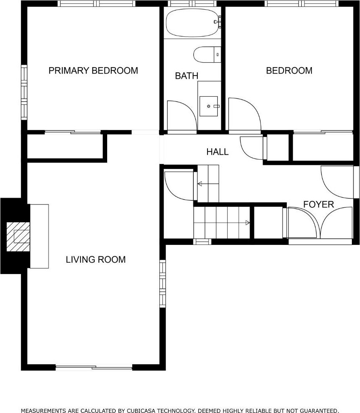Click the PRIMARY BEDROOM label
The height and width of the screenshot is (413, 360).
[93, 71]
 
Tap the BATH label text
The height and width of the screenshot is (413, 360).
[186, 76]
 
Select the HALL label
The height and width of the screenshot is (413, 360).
[217, 152]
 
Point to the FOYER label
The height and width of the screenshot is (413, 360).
[318, 204]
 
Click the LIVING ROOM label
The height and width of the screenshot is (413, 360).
[96, 259]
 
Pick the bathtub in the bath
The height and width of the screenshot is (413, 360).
[193, 23]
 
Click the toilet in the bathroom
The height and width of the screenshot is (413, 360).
[207, 55]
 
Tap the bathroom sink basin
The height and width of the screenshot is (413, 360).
[209, 106]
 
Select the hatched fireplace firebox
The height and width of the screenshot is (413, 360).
[18, 237]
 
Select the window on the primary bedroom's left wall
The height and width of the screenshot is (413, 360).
[24, 92]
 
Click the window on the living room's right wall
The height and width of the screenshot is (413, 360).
[163, 284]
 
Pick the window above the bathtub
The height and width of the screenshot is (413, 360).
[192, 3]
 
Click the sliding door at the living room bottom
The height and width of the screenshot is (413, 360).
[94, 367]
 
